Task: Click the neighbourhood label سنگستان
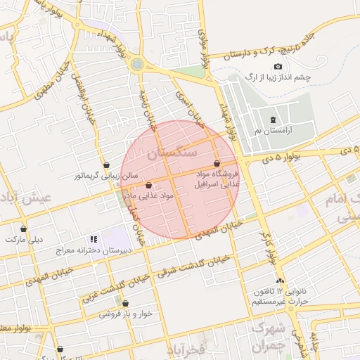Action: click(x=172, y=152)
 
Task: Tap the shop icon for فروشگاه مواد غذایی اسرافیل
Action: click(x=225, y=163)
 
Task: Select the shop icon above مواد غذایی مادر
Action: click(x=149, y=186)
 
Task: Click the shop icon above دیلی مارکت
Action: click(x=25, y=229)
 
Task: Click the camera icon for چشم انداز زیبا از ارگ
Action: click(x=278, y=67)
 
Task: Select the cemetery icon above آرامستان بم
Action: click(x=274, y=120)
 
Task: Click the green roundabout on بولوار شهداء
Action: click(x=137, y=64)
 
